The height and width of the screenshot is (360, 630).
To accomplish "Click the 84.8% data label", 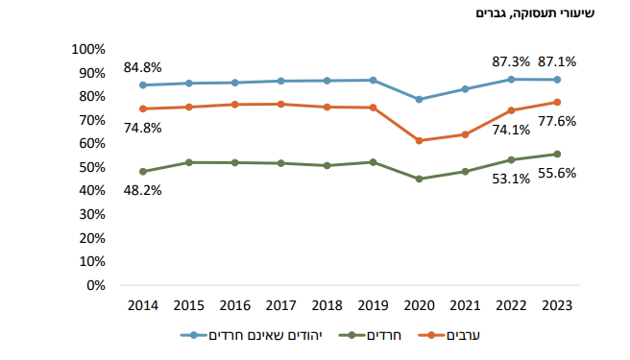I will pos(142,67).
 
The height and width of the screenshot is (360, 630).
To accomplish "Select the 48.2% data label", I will pos(142,190).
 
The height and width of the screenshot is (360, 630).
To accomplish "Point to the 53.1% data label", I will pos(511,179).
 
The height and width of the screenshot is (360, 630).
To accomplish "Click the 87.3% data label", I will pos(511,61).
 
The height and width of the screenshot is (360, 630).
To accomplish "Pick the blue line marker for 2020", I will pos(419,99).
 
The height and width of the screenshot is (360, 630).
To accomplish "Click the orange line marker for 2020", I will pos(419,140).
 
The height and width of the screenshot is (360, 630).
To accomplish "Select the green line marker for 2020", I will pos(419,179).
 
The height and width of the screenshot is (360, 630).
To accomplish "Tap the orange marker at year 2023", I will pos(557,102).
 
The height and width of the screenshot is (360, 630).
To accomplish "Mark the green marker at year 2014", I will pos(142,172).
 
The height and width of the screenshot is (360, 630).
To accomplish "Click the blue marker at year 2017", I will pos(280,81).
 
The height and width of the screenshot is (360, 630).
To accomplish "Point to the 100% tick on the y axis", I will pos(87,49).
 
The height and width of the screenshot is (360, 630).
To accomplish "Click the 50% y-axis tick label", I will pos(90,167).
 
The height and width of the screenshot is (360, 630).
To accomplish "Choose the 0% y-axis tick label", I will pos(94,285).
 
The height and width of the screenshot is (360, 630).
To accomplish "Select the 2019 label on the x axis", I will pos(373,304).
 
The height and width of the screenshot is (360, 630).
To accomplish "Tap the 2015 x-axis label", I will pos(188,304).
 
